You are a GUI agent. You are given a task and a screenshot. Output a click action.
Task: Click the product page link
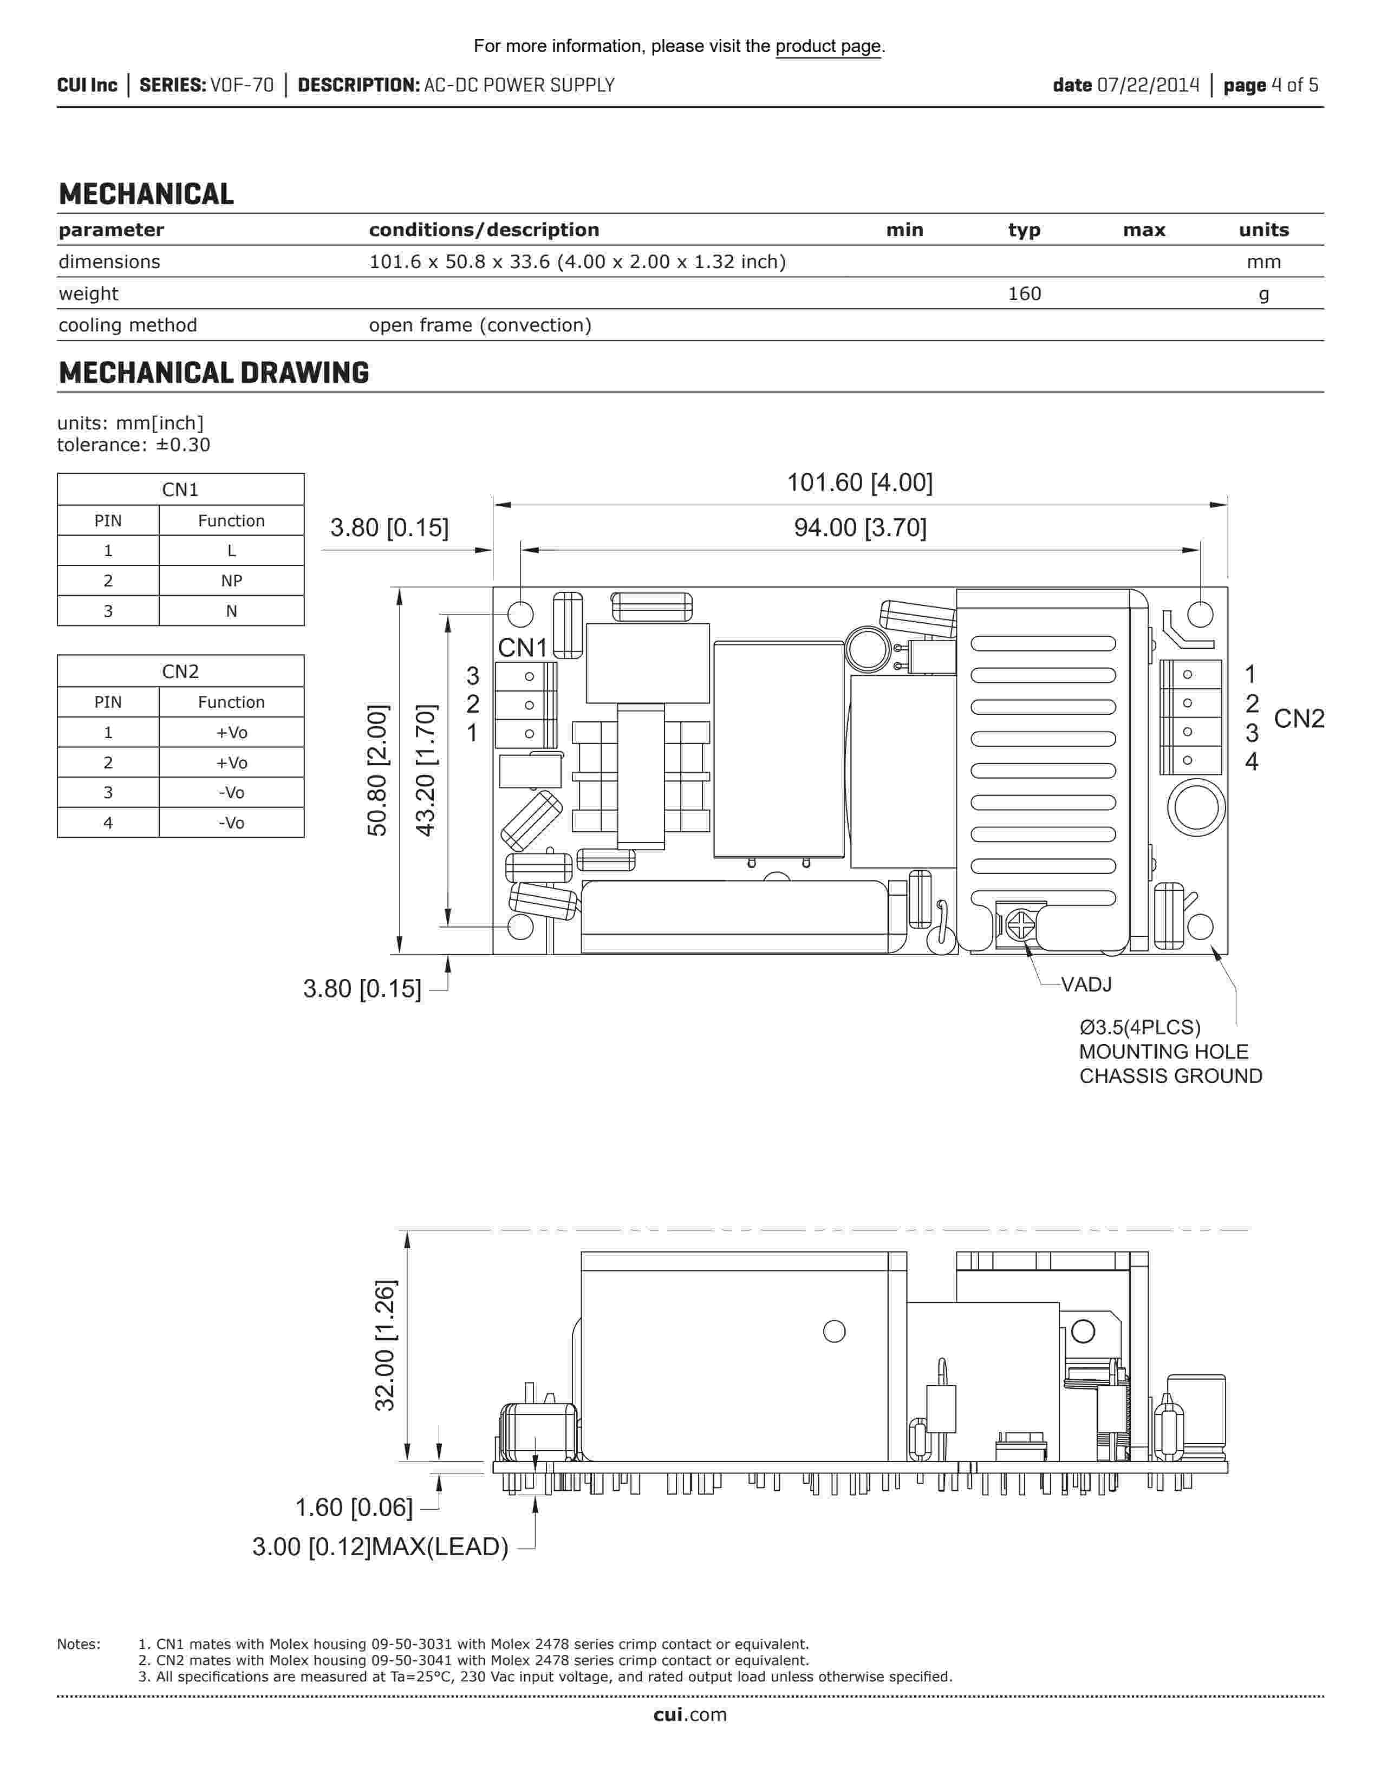(828, 47)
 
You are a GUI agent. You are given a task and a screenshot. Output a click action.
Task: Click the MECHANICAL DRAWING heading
(213, 373)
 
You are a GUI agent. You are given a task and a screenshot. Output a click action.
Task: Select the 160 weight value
(1024, 294)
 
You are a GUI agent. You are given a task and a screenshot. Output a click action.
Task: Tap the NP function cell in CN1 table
(232, 581)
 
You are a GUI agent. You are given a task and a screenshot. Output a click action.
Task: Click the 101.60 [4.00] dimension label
(860, 482)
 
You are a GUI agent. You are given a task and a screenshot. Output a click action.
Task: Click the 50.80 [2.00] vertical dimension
(377, 770)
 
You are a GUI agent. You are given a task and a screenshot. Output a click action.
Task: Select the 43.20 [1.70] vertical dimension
(426, 770)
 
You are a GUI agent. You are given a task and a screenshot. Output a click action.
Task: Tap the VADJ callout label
(1086, 984)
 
